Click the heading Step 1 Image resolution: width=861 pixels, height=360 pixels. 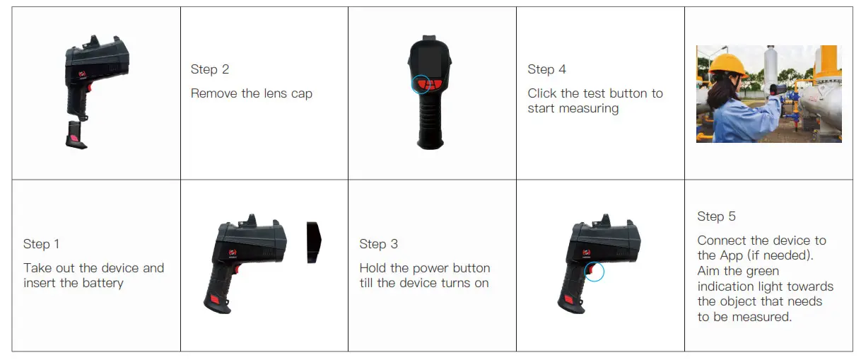41,244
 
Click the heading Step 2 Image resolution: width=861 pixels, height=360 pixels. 210,69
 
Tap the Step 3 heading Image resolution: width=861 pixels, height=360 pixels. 378,244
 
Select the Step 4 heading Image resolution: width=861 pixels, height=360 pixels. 546,69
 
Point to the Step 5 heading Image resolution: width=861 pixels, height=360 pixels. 716,216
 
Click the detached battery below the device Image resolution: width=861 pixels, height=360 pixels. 76,134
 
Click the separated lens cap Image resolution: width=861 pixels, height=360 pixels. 314,243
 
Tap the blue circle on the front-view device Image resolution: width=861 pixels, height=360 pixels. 422,85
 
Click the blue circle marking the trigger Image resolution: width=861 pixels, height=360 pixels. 594,272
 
